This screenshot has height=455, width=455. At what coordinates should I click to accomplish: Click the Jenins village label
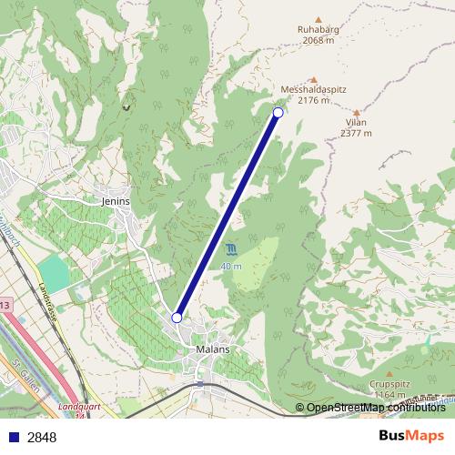tap(116, 201)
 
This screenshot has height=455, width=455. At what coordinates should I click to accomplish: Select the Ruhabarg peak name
tap(317, 29)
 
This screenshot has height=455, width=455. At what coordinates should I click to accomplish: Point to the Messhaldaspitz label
tap(313, 89)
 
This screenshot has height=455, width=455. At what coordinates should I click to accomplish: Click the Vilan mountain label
tap(356, 121)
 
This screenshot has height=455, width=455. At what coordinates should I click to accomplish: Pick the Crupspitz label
tap(389, 384)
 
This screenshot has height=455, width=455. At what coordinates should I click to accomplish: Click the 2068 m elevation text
tap(317, 40)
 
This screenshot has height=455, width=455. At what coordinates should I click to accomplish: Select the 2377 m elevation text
tap(356, 133)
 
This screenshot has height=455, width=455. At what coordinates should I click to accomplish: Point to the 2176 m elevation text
tap(313, 100)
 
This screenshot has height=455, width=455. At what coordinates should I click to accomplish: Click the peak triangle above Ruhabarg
tap(318, 18)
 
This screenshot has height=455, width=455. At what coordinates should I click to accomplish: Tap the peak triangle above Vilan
tap(356, 109)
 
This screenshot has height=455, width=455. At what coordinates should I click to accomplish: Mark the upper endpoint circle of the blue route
tap(278, 113)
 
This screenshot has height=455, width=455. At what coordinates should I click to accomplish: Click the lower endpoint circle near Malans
tap(177, 318)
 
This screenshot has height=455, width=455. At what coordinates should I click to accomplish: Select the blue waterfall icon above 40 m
tap(231, 249)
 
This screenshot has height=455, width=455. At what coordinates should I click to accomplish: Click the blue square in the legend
tap(13, 437)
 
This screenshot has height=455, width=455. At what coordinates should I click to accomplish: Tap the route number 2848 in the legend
tap(42, 437)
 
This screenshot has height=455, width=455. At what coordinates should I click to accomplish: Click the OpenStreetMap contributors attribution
tap(376, 408)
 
